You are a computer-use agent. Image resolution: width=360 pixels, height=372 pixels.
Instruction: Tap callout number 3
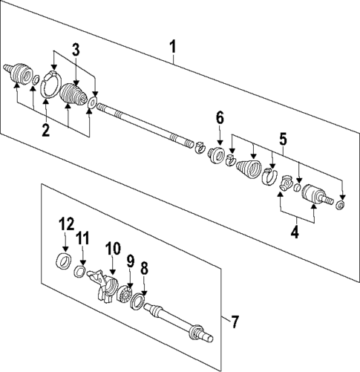point(76,50)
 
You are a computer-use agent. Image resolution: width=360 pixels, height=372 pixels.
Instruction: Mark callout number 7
point(235,322)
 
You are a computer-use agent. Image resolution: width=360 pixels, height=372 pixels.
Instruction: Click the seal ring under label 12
point(65,260)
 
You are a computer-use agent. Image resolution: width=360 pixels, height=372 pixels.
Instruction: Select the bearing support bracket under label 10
point(103,285)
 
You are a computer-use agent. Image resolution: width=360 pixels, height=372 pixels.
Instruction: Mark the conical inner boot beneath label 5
point(246,169)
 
